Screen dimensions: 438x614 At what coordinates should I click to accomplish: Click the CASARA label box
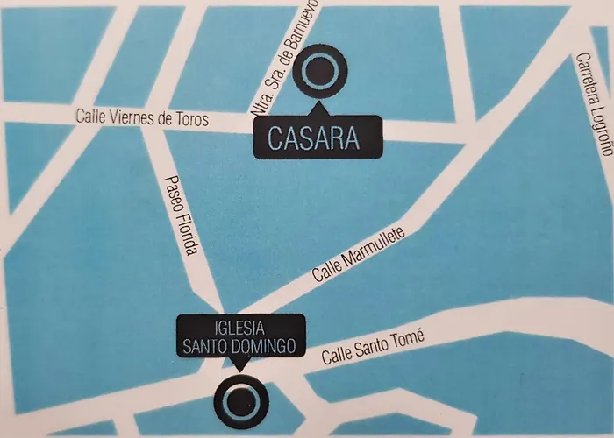click(319, 138)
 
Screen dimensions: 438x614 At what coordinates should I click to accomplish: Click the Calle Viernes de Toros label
click(142, 118)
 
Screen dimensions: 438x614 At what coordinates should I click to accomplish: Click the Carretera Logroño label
click(594, 102)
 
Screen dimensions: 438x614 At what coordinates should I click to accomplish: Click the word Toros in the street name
click(191, 120)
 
